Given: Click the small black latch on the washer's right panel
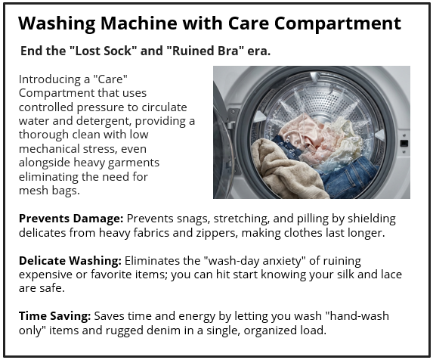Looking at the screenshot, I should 404,142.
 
